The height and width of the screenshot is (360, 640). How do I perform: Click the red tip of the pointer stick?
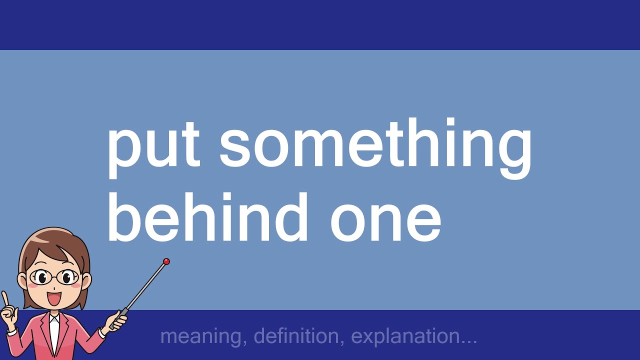(x=166, y=261)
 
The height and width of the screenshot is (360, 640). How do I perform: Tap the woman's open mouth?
(x=54, y=299)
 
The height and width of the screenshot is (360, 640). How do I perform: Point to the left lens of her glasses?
(x=40, y=276)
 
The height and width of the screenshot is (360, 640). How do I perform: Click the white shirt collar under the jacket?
(x=54, y=320)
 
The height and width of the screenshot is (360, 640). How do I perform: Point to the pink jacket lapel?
(x=42, y=332)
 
